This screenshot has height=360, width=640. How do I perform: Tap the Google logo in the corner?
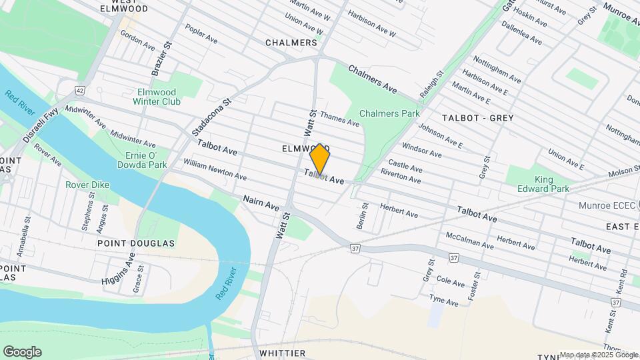22,352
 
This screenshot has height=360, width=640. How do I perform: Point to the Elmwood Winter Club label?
157,97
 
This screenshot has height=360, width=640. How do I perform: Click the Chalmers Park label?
389,113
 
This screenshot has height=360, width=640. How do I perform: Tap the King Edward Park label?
543,184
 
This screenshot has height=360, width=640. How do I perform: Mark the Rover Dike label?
87,185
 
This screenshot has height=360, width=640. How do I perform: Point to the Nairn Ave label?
261,203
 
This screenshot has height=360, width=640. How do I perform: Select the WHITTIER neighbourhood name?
282,353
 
